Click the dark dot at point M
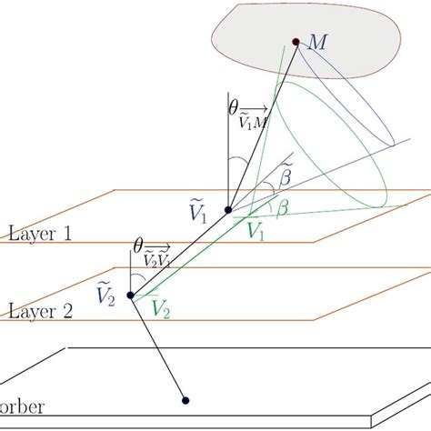coord(295,41)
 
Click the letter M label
coord(318,43)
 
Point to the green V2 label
coord(161,311)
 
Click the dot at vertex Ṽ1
coord(227,211)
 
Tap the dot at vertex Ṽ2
coord(131,295)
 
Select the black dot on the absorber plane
coord(185,399)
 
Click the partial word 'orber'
coord(22,406)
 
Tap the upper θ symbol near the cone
coord(233,107)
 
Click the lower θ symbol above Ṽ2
coord(138,246)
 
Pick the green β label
coord(283,209)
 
